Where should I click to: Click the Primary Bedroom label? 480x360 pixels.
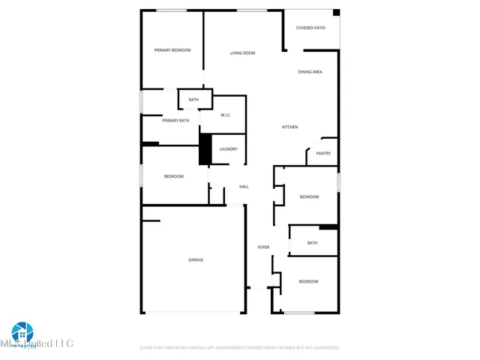point(172,50)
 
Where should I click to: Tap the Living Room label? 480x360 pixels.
point(242,53)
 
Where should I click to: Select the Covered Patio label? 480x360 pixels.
point(310,28)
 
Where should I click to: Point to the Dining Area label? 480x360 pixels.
point(310,72)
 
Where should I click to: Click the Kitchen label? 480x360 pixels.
point(289,127)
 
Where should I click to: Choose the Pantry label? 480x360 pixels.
point(323,154)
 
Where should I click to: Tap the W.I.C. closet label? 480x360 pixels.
point(226,115)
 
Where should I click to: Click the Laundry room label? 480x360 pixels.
point(228,149)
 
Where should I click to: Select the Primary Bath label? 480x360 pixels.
point(175,120)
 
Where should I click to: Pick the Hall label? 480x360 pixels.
point(244,187)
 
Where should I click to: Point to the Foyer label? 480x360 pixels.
point(263,247)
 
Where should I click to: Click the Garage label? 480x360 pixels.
point(196,259)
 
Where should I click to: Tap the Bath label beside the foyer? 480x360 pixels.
point(312,243)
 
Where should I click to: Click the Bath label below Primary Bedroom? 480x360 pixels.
point(193,100)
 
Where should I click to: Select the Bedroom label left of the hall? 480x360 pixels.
point(174,176)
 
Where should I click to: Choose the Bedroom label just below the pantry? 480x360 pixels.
point(309,196)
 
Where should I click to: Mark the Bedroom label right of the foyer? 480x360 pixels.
point(308,281)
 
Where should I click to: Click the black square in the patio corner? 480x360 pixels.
point(336,13)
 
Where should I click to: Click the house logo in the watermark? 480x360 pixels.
point(23,331)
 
